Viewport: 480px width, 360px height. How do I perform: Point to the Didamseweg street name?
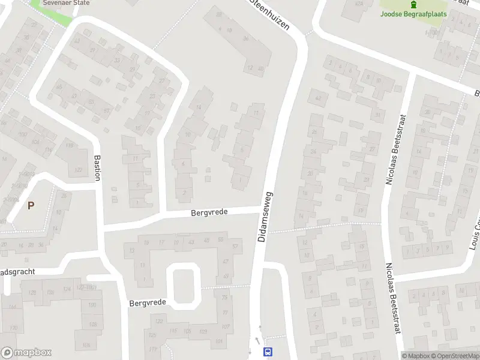click(265, 217)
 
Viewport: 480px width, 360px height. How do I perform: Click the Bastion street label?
click(98, 170)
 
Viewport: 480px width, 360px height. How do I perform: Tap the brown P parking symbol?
click(31, 205)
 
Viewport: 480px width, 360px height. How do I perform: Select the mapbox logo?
click(26, 353)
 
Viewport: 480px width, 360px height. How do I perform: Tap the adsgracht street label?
click(18, 272)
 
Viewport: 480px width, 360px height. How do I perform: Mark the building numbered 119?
click(69, 146)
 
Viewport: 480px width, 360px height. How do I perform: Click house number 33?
click(116, 61)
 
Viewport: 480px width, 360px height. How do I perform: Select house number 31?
click(377, 115)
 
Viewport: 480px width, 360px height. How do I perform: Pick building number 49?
click(226, 276)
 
